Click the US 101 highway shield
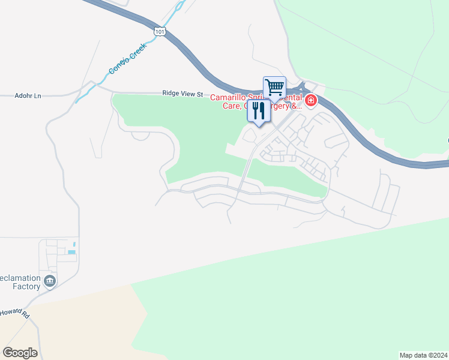coord(159,32)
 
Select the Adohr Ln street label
coord(28,95)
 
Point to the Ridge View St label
coord(183,94)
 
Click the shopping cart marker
coord(274,88)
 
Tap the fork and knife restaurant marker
coord(259,111)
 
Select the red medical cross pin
coord(310,100)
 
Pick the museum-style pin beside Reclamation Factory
coord(50,280)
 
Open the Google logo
coord(20,353)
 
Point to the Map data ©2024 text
coord(423,355)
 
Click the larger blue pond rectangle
coord(71,252)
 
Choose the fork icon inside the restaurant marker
coord(256,110)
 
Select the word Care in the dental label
coord(232,106)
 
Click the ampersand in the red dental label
coord(299,106)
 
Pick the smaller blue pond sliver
coord(74,245)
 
